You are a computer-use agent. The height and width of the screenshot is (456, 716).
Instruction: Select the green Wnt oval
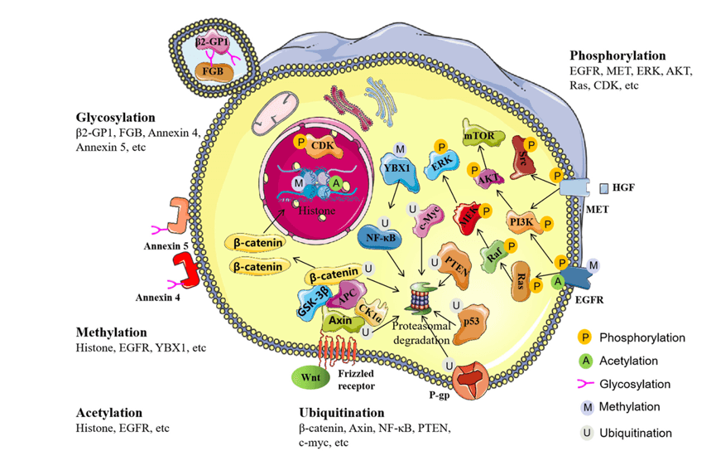[x=310, y=377]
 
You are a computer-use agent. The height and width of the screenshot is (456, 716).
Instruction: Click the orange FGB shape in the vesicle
[x=214, y=72]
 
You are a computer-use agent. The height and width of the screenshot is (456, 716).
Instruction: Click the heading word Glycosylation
[x=116, y=118]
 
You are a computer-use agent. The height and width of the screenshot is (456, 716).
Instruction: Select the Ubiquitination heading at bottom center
[x=342, y=413]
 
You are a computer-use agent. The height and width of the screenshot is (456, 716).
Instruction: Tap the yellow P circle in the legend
[x=584, y=337]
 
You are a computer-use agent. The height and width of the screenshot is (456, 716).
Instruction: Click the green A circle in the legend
[x=585, y=361]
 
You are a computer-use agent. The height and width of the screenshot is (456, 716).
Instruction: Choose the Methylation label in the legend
[x=629, y=406]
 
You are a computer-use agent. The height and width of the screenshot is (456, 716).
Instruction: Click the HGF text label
[x=623, y=187]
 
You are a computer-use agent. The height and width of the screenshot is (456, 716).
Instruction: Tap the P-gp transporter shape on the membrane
[x=470, y=380]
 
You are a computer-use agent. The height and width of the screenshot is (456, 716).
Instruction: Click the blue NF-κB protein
[x=381, y=236]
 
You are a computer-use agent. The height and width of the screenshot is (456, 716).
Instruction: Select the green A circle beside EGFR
[x=557, y=282]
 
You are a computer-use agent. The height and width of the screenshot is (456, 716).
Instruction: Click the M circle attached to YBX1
[x=400, y=148]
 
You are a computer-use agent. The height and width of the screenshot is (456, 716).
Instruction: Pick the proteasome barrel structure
[x=421, y=298]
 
